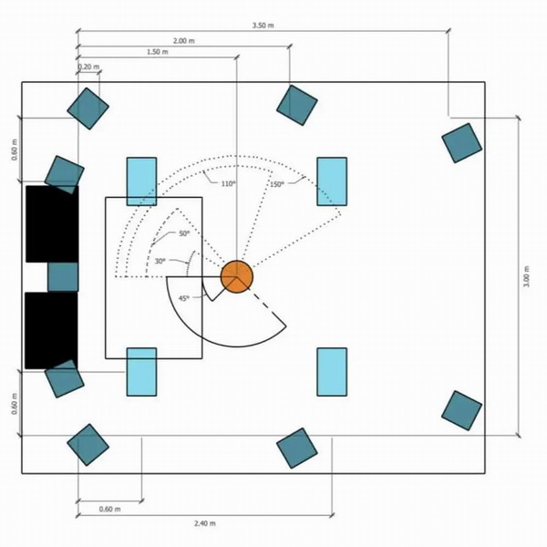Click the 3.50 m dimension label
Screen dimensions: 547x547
pyautogui.click(x=263, y=26)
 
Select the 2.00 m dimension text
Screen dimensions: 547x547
pyautogui.click(x=184, y=41)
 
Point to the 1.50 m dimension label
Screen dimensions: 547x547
pyautogui.click(x=158, y=52)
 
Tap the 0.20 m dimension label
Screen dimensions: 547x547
pyautogui.click(x=88, y=67)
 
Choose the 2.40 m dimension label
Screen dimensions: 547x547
pyautogui.click(x=205, y=523)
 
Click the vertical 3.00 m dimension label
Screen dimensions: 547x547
pyautogui.click(x=526, y=276)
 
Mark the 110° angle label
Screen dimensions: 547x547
pyautogui.click(x=229, y=184)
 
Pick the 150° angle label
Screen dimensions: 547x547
pyautogui.click(x=276, y=184)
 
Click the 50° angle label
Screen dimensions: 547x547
pyautogui.click(x=184, y=233)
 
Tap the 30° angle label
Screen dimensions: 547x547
pyautogui.click(x=160, y=261)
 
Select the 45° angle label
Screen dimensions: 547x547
pyautogui.click(x=184, y=298)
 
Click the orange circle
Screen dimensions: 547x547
pyautogui.click(x=237, y=277)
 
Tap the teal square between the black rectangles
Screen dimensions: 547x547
pyautogui.click(x=63, y=277)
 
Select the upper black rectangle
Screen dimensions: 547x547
pyautogui.click(x=52, y=224)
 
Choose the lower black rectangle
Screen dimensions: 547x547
pyautogui.click(x=51, y=330)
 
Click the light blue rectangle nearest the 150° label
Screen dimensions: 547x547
pyautogui.click(x=332, y=181)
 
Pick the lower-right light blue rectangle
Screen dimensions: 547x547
pyautogui.click(x=332, y=372)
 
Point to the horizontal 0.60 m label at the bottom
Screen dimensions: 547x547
pyautogui.click(x=110, y=509)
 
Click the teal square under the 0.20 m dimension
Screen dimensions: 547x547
pyautogui.click(x=88, y=108)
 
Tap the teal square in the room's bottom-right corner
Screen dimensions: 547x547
pyautogui.click(x=462, y=410)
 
